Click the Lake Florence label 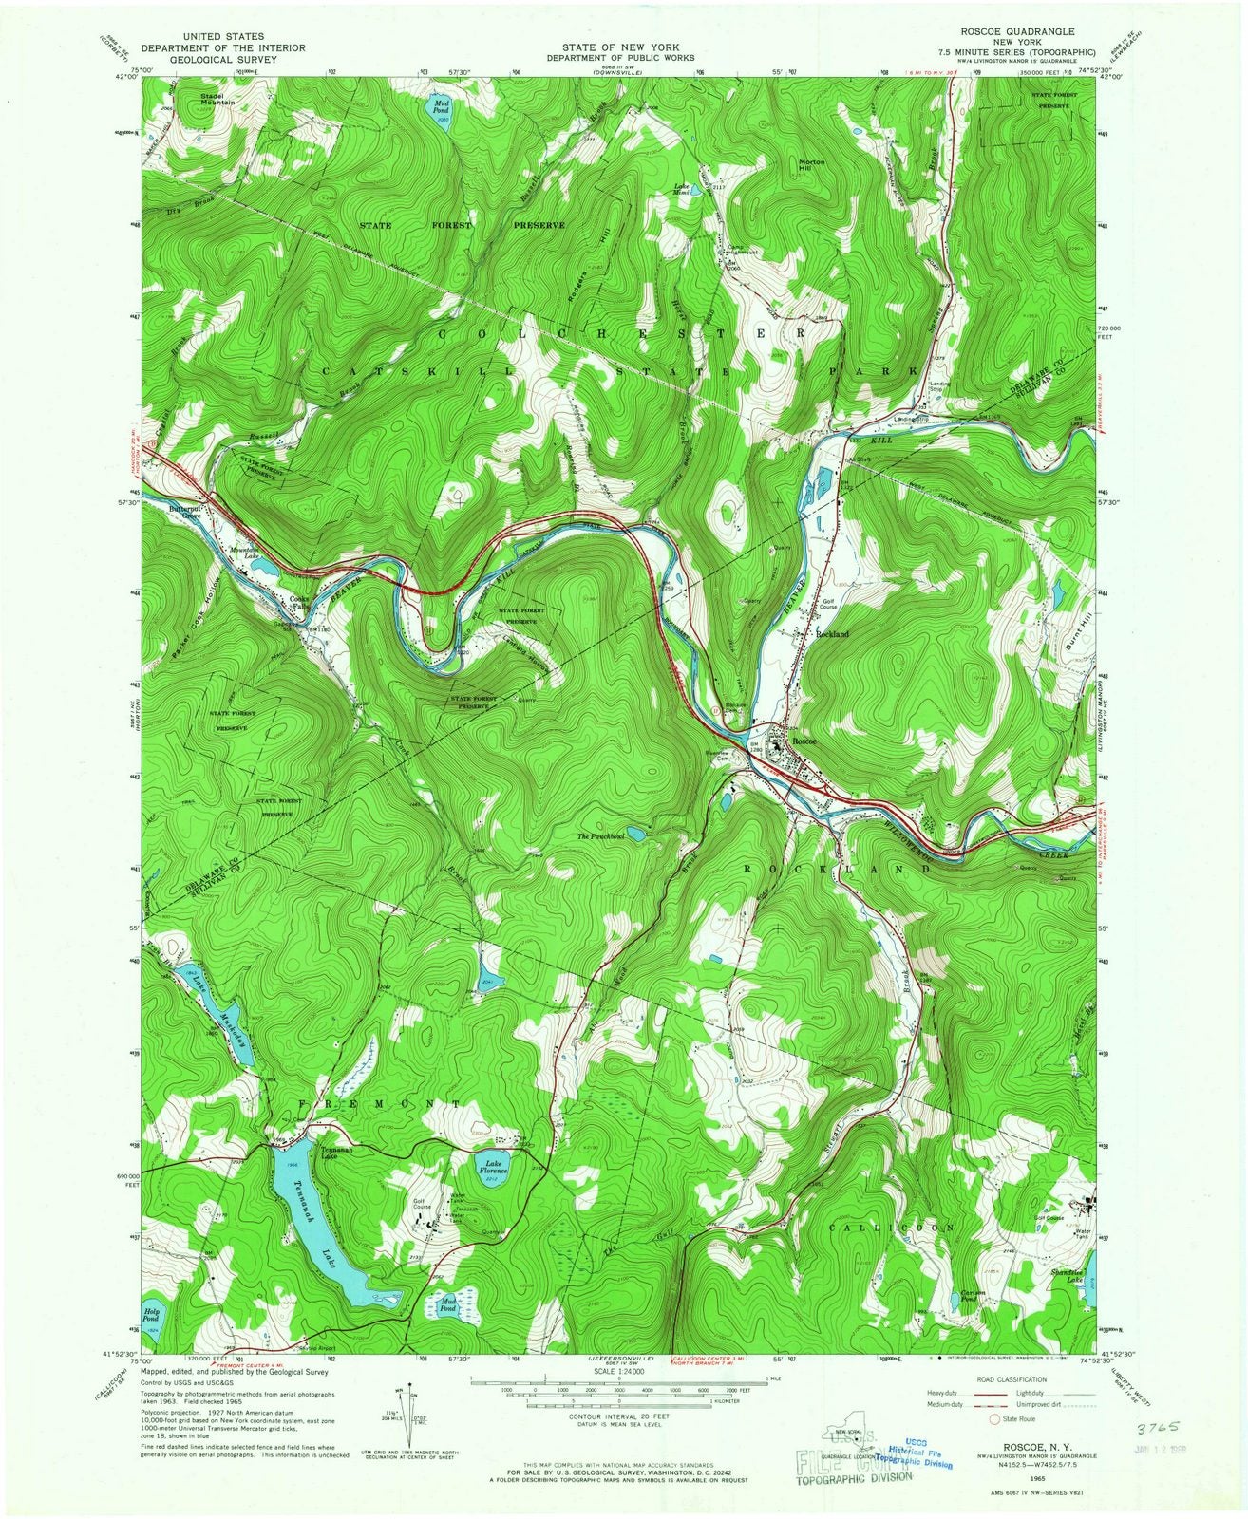[x=493, y=1167]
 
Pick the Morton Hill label [x=811, y=166]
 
